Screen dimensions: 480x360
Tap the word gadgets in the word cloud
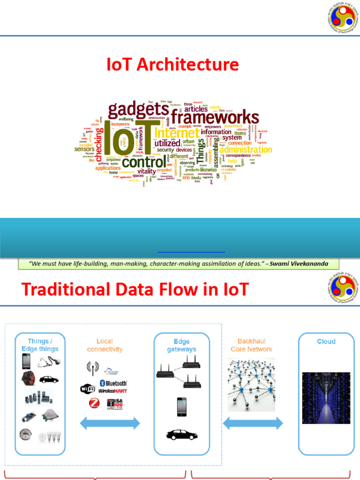pos(139,110)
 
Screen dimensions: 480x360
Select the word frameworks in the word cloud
pos(214,117)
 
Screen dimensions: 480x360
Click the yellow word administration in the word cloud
pos(246,150)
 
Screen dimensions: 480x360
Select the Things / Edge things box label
pos(40,345)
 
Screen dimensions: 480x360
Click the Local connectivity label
pos(105,345)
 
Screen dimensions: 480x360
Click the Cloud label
pos(326,342)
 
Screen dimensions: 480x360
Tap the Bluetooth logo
pos(113,382)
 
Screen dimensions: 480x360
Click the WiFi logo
pos(88,389)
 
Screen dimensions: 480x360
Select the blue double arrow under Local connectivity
pos(110,424)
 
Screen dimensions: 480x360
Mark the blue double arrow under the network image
pos(253,424)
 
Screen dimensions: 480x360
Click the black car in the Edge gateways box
pos(182,435)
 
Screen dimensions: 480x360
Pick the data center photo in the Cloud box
pos(326,398)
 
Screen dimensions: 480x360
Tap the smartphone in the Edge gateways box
pos(181,407)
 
